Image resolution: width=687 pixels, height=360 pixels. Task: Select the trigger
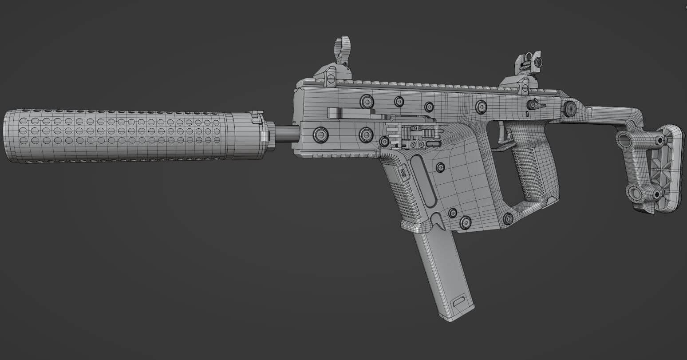point(503,133)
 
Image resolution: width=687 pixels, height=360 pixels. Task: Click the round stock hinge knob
point(569,108)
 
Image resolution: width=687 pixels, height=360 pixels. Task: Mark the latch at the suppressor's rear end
point(257,118)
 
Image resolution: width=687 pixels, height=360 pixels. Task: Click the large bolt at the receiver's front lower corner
point(320,134)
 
